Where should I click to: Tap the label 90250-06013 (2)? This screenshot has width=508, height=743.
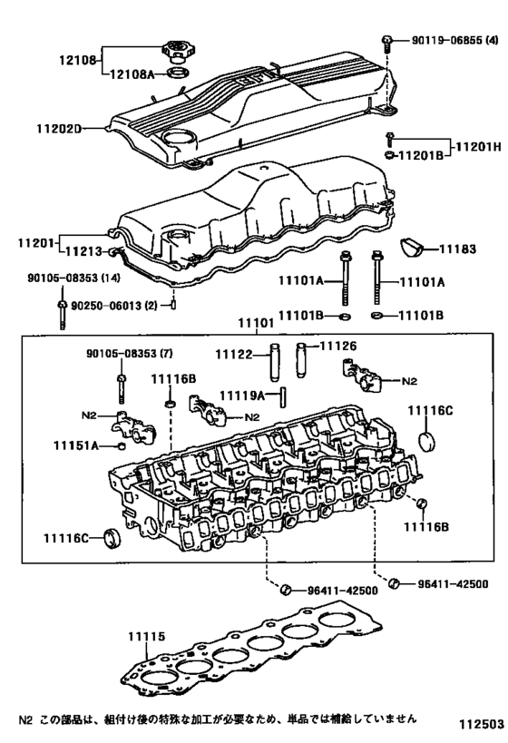pyautogui.click(x=117, y=307)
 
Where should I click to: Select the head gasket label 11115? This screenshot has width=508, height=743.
pyautogui.click(x=147, y=638)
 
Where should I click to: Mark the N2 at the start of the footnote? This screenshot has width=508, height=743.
pyautogui.click(x=25, y=719)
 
